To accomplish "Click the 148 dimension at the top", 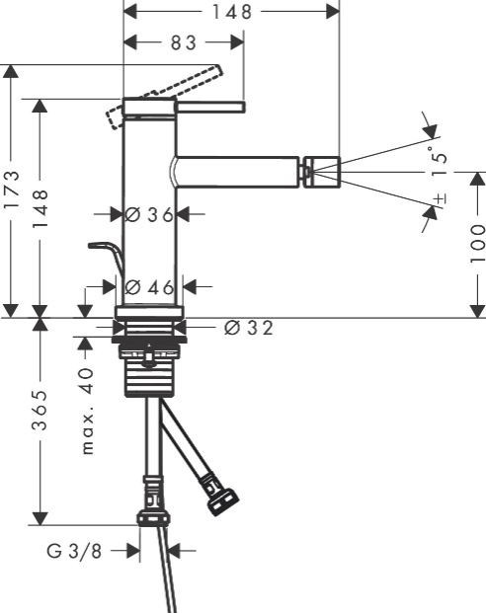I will point(230,12).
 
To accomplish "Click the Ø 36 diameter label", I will point(150,214).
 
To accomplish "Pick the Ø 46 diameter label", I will point(150,287).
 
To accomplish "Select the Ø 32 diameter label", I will point(248,327).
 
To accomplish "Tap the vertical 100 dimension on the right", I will point(477,243).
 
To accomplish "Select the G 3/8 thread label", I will point(74,552).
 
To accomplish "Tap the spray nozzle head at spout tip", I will point(321,172).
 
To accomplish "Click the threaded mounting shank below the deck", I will point(148,370).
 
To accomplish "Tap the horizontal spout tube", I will point(237,172).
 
